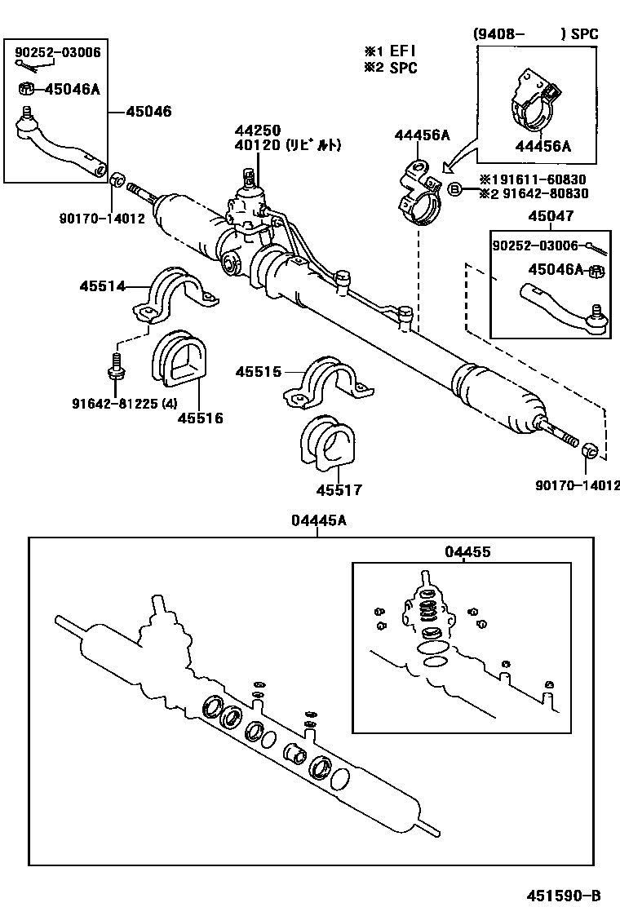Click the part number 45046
(x=148, y=111)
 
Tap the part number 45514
(x=102, y=285)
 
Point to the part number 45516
(x=200, y=418)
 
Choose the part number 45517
(x=339, y=490)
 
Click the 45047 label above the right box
(x=550, y=216)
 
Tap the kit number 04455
(x=467, y=552)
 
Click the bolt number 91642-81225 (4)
(x=121, y=401)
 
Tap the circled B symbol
(x=456, y=189)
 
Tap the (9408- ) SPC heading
(x=535, y=34)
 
